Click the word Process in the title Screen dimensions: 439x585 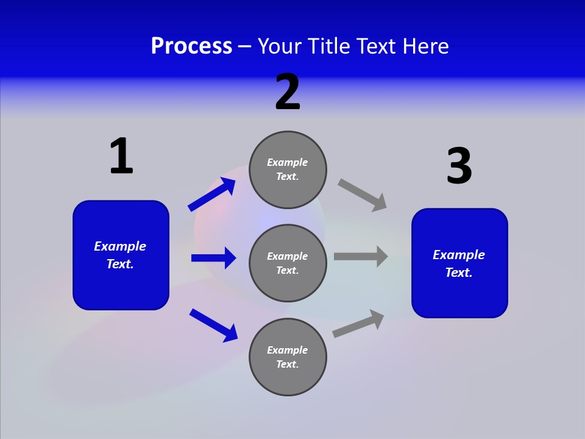191,46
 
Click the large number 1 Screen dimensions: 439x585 121,157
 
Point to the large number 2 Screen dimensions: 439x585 288,93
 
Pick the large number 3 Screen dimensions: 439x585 459,166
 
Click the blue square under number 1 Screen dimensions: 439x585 121,255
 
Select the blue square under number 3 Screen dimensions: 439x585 459,263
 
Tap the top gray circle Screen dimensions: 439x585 288,170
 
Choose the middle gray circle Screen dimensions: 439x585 288,263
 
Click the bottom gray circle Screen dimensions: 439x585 288,357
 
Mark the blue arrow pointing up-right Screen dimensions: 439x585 212,195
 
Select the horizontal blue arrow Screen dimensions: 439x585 213,258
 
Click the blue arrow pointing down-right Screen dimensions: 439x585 213,325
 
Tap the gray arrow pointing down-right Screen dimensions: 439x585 362,195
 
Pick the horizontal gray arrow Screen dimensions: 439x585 361,257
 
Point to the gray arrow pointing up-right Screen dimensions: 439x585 358,323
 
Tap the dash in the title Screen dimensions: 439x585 245,47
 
